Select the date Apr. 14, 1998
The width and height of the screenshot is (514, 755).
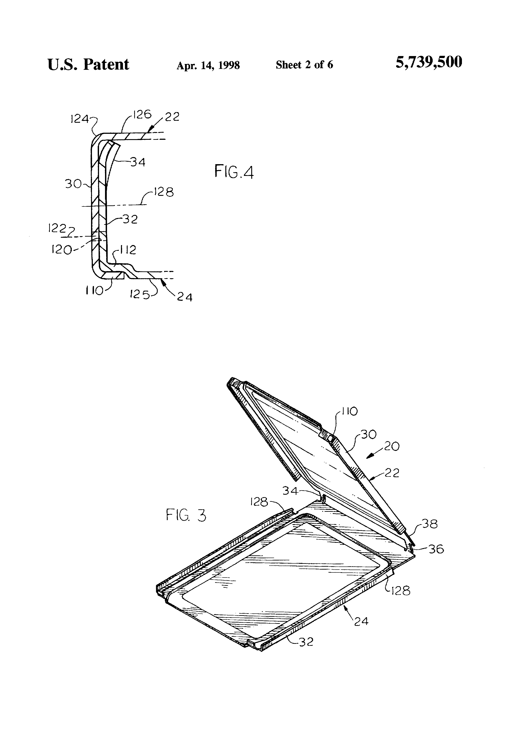[x=208, y=65]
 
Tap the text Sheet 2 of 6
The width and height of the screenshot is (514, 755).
[x=304, y=65]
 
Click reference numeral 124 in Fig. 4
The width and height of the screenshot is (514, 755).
[x=79, y=119]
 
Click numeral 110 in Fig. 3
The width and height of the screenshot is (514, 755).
[x=350, y=411]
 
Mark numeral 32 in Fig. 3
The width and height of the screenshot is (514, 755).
[x=306, y=642]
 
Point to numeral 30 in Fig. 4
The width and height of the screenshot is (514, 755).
[x=73, y=184]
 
